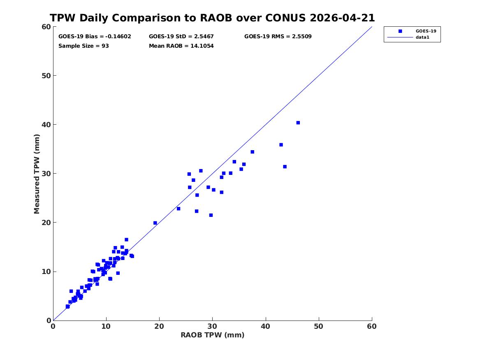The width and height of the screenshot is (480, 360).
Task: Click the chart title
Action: (212, 18)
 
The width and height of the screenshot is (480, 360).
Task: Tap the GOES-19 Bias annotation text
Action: (95, 37)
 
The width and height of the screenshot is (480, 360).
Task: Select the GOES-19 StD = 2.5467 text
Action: (181, 37)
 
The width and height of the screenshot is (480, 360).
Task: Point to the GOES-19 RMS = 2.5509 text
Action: (278, 37)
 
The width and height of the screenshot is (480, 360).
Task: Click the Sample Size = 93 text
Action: (83, 46)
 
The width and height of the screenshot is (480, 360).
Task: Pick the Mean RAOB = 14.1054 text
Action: (181, 46)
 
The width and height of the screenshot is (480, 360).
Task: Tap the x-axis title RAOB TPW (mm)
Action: (213, 335)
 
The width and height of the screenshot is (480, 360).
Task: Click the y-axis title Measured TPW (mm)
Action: (37, 174)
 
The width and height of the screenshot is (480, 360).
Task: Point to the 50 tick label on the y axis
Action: (46, 76)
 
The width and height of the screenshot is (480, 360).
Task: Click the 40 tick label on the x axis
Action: (266, 326)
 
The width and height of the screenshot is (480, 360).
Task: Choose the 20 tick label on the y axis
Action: (46, 223)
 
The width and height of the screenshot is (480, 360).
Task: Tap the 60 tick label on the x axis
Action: (372, 326)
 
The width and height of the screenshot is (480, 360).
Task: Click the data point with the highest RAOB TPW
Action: (298, 123)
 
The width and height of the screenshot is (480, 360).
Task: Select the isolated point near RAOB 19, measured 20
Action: (155, 223)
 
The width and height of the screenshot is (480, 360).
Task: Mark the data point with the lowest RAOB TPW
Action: (67, 307)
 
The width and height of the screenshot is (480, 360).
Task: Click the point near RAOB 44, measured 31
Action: (285, 167)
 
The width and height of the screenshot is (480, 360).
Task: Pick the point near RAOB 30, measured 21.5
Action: (211, 215)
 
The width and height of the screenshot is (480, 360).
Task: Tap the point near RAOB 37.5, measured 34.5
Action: (252, 152)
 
